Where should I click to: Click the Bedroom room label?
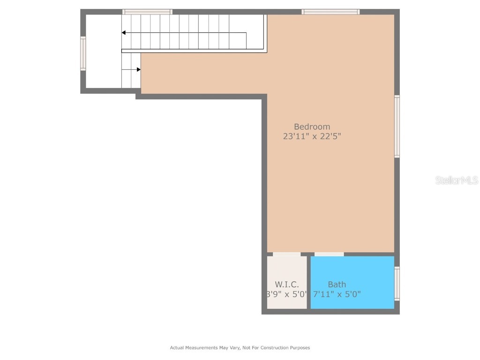pos(312,127)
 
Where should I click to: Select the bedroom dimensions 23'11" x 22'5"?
pos(312,137)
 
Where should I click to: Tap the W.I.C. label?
pos(286,285)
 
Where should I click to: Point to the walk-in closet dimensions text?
pos(286,295)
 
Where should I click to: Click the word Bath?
pos(337,285)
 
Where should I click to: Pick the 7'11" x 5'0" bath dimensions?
pos(337,295)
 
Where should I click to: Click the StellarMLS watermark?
pos(456,180)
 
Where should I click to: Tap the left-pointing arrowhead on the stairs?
pos(124,33)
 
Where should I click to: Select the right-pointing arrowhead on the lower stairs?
pos(138,69)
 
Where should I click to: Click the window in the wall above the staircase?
pos(147,12)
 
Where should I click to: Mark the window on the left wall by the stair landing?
pos(83,53)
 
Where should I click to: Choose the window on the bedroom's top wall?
pos(330,12)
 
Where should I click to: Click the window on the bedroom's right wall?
pos(397,126)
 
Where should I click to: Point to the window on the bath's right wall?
pos(397,283)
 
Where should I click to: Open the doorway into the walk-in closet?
pos(286,255)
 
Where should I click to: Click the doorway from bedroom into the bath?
pos(329,255)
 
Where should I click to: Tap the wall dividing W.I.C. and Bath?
pos(308,282)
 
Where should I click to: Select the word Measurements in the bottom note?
pos(200,348)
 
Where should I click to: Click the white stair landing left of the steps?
pos(103,52)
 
